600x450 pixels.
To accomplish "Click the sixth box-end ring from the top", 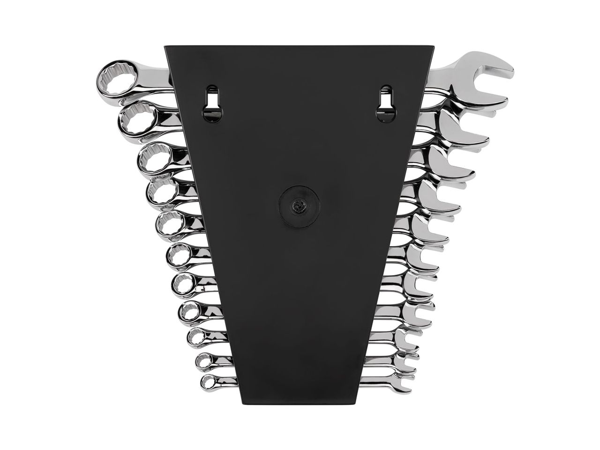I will tap(179, 256).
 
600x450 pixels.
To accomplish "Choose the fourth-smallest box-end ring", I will tap(192, 311).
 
